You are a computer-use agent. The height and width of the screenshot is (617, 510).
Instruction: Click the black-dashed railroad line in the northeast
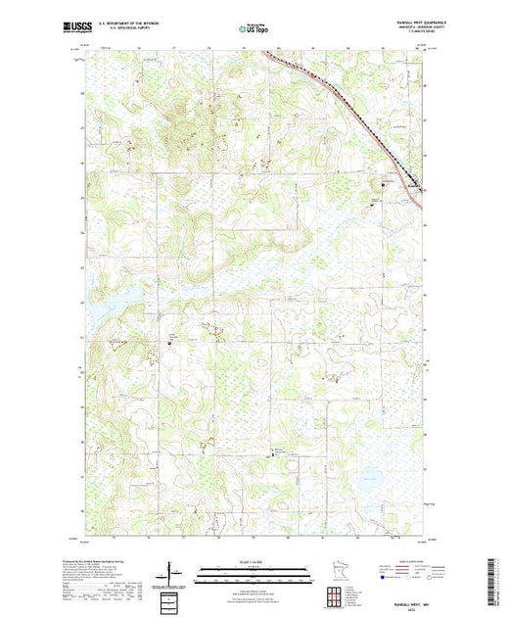click(372, 128)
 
